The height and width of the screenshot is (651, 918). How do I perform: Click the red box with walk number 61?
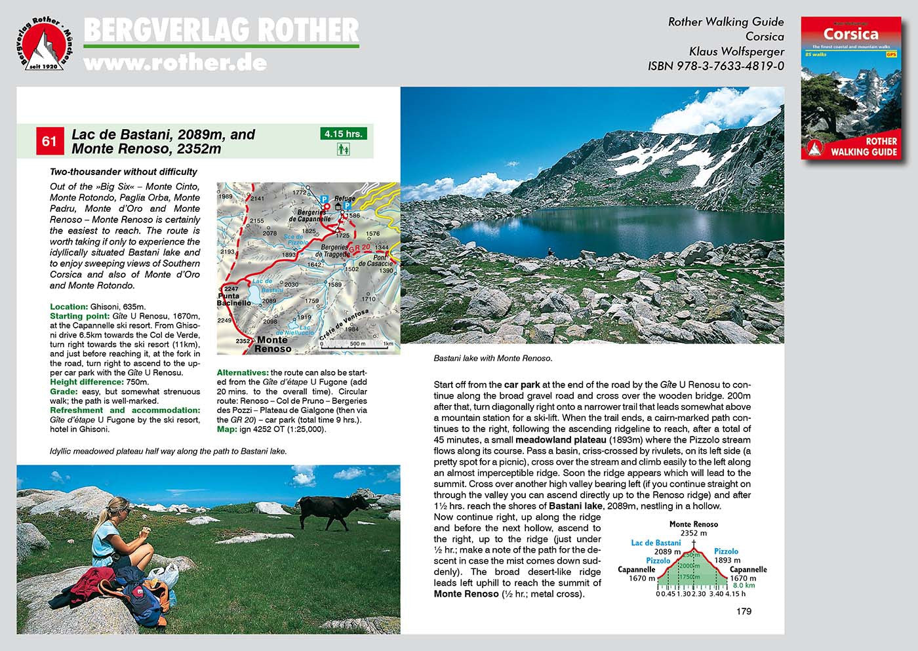(49, 142)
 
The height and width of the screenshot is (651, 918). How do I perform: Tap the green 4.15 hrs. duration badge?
(344, 134)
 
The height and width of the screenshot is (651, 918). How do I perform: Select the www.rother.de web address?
(175, 63)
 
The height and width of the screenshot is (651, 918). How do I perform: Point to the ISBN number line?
(715, 66)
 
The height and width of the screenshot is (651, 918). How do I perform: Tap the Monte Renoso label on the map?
(272, 344)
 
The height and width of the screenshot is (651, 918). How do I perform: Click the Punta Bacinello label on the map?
(234, 300)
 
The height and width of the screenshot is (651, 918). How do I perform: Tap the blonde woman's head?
(119, 509)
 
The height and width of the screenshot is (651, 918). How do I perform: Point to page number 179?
(744, 612)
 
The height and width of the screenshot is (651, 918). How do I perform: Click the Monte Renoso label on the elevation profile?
(693, 524)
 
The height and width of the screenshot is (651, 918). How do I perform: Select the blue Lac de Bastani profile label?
(656, 543)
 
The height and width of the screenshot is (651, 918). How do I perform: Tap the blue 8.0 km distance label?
(744, 585)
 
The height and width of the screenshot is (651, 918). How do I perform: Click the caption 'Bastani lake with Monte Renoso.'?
(493, 359)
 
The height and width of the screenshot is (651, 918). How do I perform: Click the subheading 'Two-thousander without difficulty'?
(123, 172)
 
